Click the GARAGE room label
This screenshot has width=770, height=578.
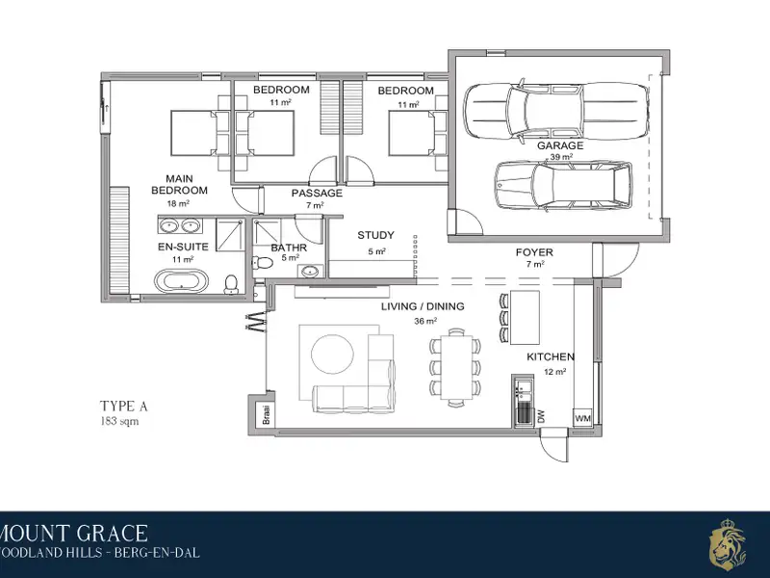560,145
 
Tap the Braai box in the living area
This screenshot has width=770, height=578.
267,414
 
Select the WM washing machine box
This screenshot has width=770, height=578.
582,418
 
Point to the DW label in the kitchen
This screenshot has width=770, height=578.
541,418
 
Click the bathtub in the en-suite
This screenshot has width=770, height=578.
181,281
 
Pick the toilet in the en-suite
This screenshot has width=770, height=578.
231,284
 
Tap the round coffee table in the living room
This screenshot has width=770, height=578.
332,355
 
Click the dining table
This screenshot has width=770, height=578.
456,367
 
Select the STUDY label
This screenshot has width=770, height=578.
375,235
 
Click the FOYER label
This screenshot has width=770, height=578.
534,252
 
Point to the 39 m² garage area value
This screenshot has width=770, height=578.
561,157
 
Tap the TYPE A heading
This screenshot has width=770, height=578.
124,407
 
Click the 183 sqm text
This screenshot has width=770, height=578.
119,421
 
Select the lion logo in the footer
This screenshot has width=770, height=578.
728,543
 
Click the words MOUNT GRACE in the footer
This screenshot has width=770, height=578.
74,534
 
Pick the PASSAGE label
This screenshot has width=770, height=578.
317,194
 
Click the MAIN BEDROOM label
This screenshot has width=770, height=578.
179,185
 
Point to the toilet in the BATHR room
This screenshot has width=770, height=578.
263,262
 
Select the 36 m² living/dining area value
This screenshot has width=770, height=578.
425,322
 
